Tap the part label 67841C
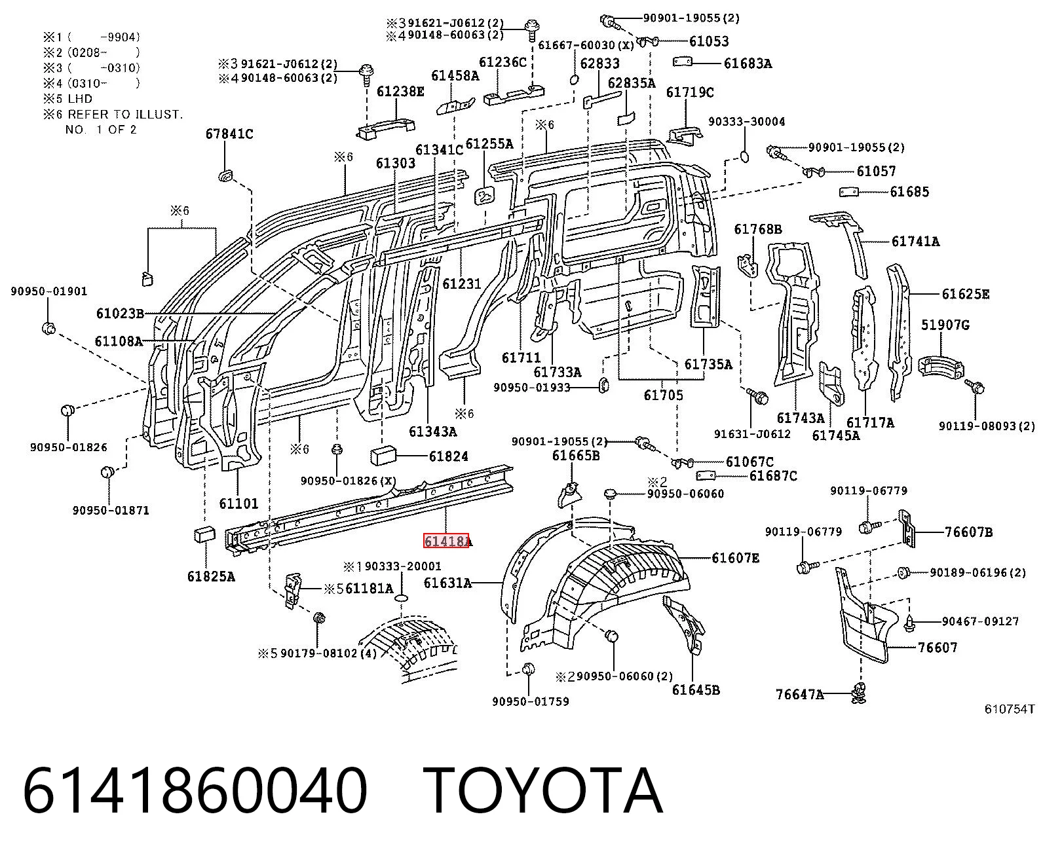point(229,134)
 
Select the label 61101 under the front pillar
point(238,503)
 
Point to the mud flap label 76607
point(938,648)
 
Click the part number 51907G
point(945,325)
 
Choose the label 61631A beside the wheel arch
point(447,583)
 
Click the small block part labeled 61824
point(383,456)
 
